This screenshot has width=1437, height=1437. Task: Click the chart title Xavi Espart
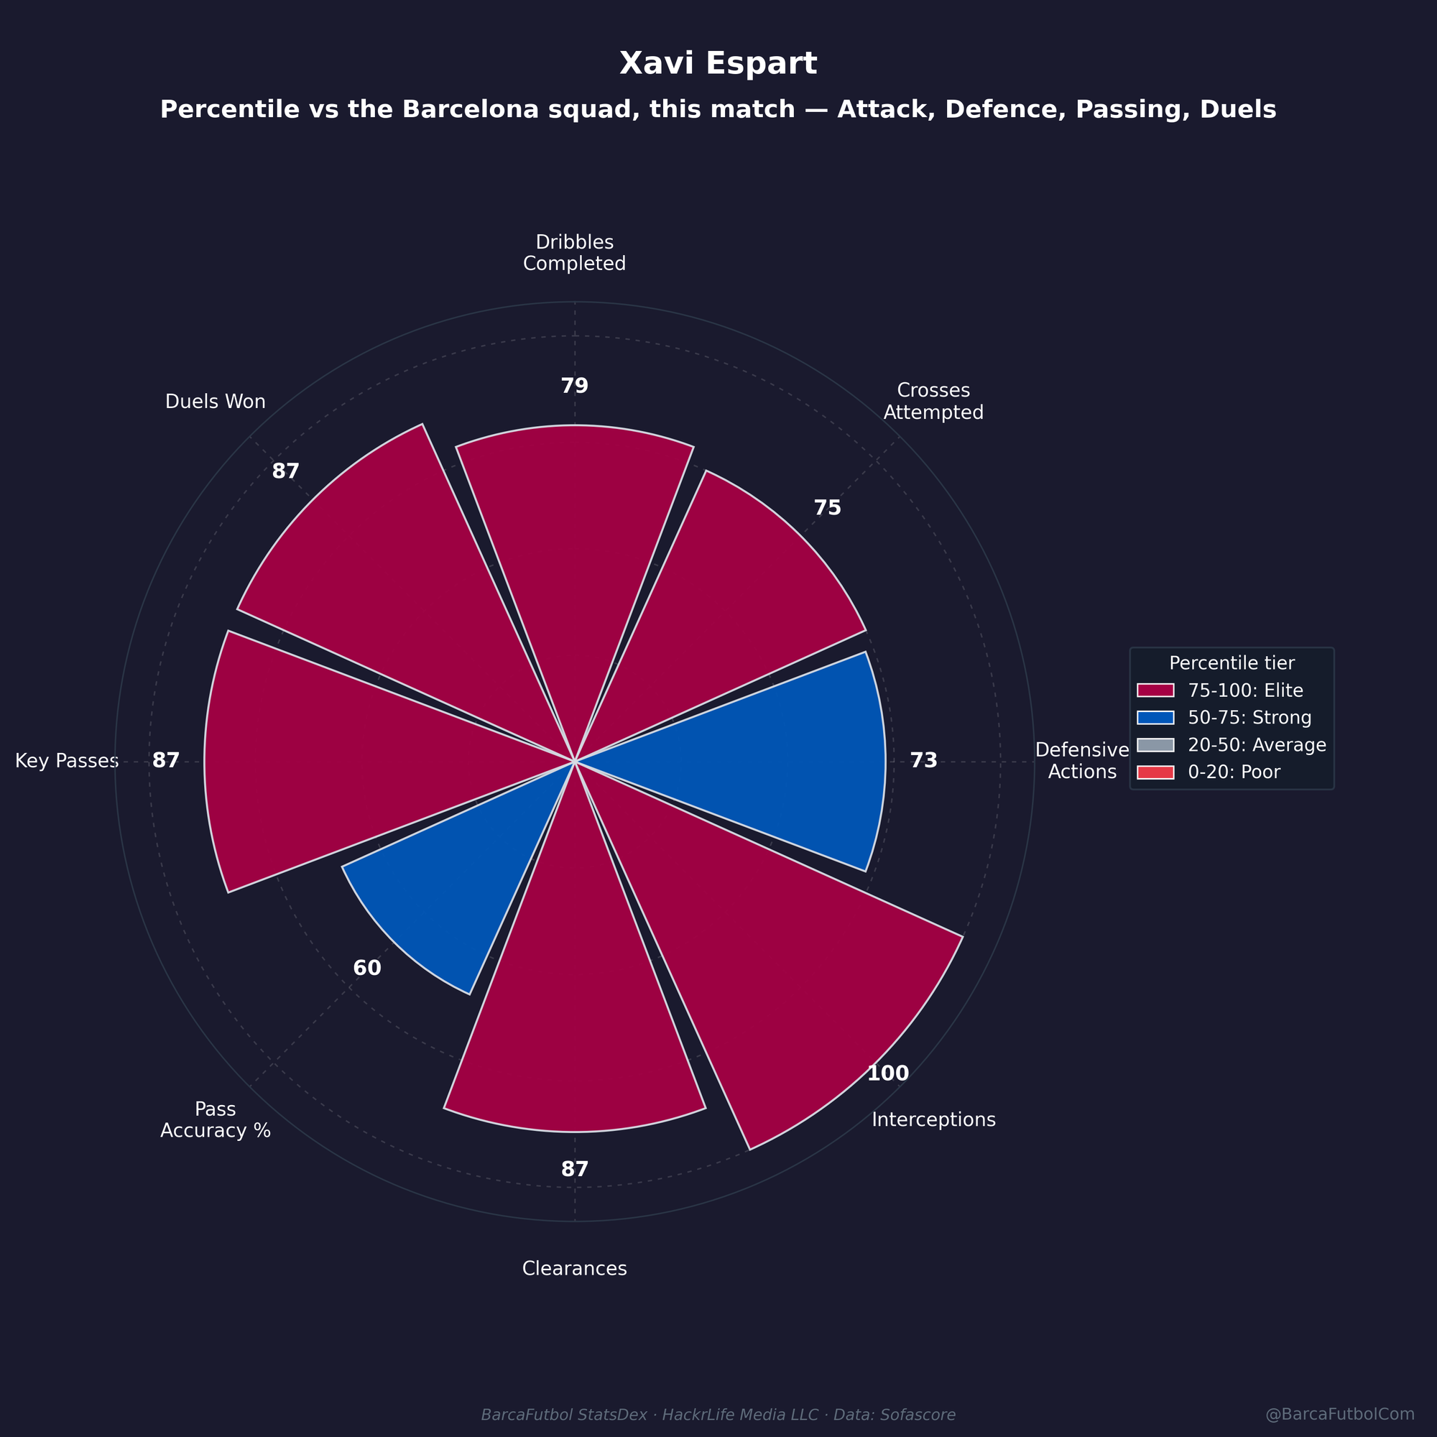pyautogui.click(x=718, y=64)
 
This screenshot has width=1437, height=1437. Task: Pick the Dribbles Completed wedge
pyautogui.click(x=575, y=565)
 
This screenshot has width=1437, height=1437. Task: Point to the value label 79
pyautogui.click(x=575, y=386)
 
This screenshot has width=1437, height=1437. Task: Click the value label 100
pyautogui.click(x=888, y=1073)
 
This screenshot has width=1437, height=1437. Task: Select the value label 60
pyautogui.click(x=366, y=969)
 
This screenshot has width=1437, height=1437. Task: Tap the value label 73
pyautogui.click(x=924, y=760)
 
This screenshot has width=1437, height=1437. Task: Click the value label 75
pyautogui.click(x=827, y=508)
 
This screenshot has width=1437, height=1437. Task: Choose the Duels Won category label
pyautogui.click(x=215, y=402)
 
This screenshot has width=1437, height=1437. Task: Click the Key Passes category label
pyautogui.click(x=67, y=761)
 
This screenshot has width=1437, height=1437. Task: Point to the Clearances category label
pyautogui.click(x=574, y=1268)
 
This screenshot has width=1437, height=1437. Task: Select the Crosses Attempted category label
pyautogui.click(x=933, y=401)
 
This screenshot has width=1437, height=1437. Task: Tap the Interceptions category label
pyautogui.click(x=933, y=1119)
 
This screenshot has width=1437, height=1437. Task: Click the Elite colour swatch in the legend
pyautogui.click(x=1156, y=691)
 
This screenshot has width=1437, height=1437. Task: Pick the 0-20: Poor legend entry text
pyautogui.click(x=1234, y=772)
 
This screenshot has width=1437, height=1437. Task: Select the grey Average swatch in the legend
pyautogui.click(x=1156, y=745)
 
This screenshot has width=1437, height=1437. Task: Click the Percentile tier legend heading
pyautogui.click(x=1232, y=662)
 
